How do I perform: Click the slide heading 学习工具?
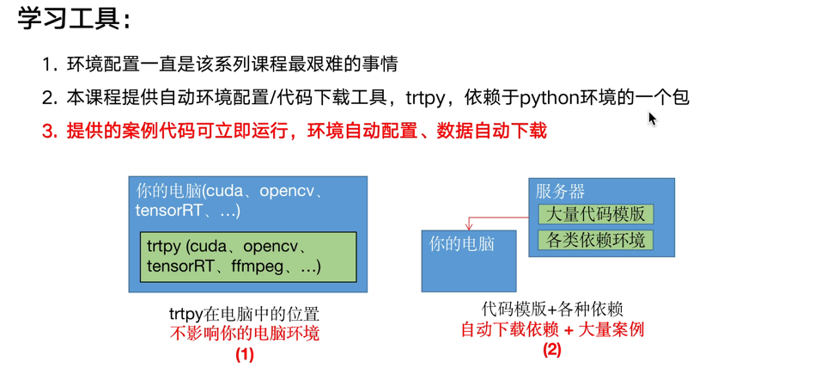[x=72, y=19]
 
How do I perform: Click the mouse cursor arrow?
[x=652, y=119]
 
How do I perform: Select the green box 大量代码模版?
[x=595, y=214]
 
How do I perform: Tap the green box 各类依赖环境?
[x=595, y=240]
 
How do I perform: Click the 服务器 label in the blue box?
[x=560, y=191]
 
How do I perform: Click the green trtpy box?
[x=248, y=256]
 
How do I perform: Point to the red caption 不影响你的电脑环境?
[x=245, y=334]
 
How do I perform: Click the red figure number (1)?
[x=245, y=353]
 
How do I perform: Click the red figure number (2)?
[x=552, y=349]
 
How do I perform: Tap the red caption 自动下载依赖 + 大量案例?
[x=552, y=329]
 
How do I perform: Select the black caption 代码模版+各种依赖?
[x=552, y=310]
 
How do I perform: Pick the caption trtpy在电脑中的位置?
[x=245, y=315]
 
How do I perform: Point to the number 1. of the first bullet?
[x=50, y=64]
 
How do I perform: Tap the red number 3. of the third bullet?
[x=50, y=132]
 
